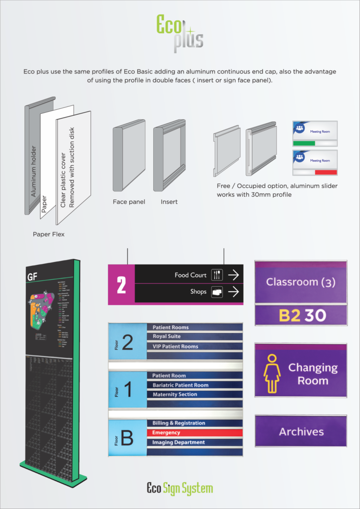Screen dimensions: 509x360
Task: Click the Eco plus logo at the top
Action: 179,33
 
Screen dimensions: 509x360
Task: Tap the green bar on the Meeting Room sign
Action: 304,143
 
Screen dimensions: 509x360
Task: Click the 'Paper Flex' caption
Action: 48,234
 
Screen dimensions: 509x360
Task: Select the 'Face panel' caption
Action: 129,202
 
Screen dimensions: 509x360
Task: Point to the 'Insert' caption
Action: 169,202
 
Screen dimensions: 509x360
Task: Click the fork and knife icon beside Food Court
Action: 217,274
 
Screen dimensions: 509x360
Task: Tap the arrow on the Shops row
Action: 233,292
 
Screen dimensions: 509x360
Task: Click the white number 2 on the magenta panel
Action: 121,285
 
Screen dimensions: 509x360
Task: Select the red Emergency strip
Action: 194,432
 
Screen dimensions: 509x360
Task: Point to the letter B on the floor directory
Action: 127,438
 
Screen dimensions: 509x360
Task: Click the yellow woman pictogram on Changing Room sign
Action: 272,373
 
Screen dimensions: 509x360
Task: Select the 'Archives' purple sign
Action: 301,431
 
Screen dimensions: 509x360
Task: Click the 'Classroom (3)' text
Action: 301,282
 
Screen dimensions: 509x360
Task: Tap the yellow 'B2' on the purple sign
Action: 289,316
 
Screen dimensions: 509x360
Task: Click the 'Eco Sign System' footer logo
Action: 180,488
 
